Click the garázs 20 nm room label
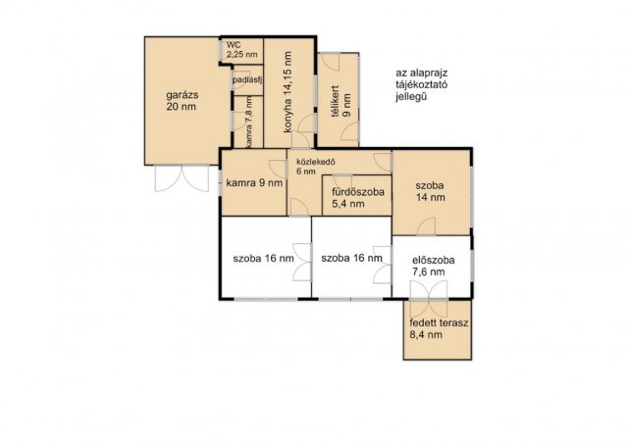click(182, 101)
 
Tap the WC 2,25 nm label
click(241, 50)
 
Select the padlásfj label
click(247, 80)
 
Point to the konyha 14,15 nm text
click(287, 92)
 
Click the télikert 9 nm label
click(340, 102)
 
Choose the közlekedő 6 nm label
click(315, 167)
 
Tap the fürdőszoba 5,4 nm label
click(357, 198)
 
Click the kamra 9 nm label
click(254, 183)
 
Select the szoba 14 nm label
click(430, 191)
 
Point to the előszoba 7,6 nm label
click(434, 267)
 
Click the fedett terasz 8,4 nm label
click(439, 329)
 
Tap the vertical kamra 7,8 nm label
click(249, 122)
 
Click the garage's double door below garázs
click(182, 178)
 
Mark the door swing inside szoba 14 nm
click(426, 226)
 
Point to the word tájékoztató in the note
click(421, 85)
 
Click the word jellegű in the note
click(411, 97)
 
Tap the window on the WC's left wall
click(221, 49)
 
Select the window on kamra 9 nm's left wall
click(220, 183)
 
